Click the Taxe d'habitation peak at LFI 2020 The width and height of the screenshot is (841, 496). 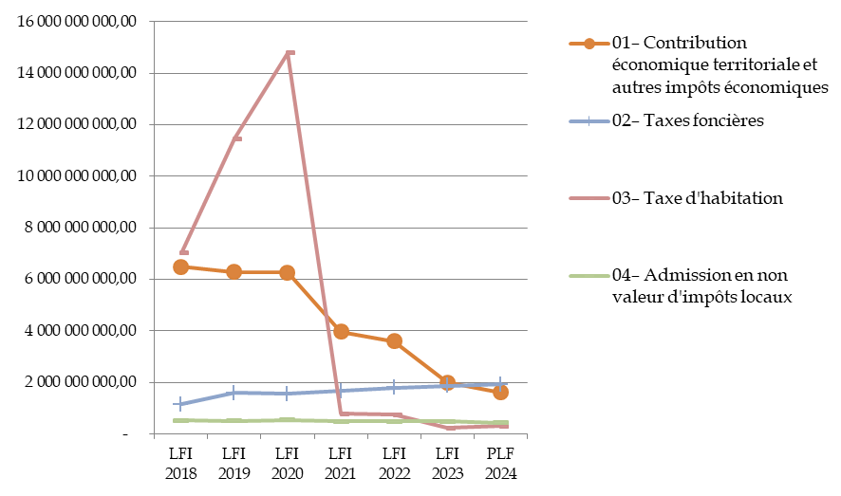click(x=290, y=52)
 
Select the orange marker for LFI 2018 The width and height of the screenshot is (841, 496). click(x=180, y=266)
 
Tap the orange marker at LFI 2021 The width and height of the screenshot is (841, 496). click(x=341, y=331)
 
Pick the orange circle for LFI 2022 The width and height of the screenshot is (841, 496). click(x=394, y=340)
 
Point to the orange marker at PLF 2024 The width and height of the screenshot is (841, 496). click(x=501, y=392)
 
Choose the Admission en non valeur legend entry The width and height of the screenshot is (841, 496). click(x=702, y=285)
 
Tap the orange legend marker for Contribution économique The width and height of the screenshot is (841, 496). click(x=589, y=44)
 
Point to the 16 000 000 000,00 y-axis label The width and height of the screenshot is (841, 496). click(x=80, y=21)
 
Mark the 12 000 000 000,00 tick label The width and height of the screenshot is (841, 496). click(x=80, y=124)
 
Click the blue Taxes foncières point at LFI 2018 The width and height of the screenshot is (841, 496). click(x=180, y=404)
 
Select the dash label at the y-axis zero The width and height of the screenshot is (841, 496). click(x=126, y=434)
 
